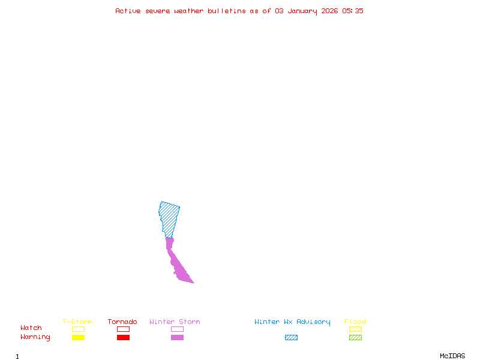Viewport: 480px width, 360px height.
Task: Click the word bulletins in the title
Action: click(227, 11)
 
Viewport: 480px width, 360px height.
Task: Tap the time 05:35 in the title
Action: click(353, 11)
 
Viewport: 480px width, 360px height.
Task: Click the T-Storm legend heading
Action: click(77, 322)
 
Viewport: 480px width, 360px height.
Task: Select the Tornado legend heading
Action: click(122, 322)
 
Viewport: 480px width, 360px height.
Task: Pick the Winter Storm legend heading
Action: click(175, 322)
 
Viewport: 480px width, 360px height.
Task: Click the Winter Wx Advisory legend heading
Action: click(292, 322)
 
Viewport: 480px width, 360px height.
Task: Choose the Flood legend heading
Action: click(355, 322)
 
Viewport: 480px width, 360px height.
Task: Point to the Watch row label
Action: click(31, 328)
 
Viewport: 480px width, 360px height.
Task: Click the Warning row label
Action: click(35, 337)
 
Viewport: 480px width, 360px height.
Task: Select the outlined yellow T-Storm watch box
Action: click(78, 329)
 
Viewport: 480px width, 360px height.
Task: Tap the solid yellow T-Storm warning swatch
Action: click(78, 338)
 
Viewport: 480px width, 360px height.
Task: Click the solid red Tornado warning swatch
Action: click(123, 338)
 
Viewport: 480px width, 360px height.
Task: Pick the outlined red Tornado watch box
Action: click(123, 329)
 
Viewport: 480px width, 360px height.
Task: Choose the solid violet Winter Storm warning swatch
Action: click(177, 338)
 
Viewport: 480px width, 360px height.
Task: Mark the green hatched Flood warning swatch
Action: click(355, 338)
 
